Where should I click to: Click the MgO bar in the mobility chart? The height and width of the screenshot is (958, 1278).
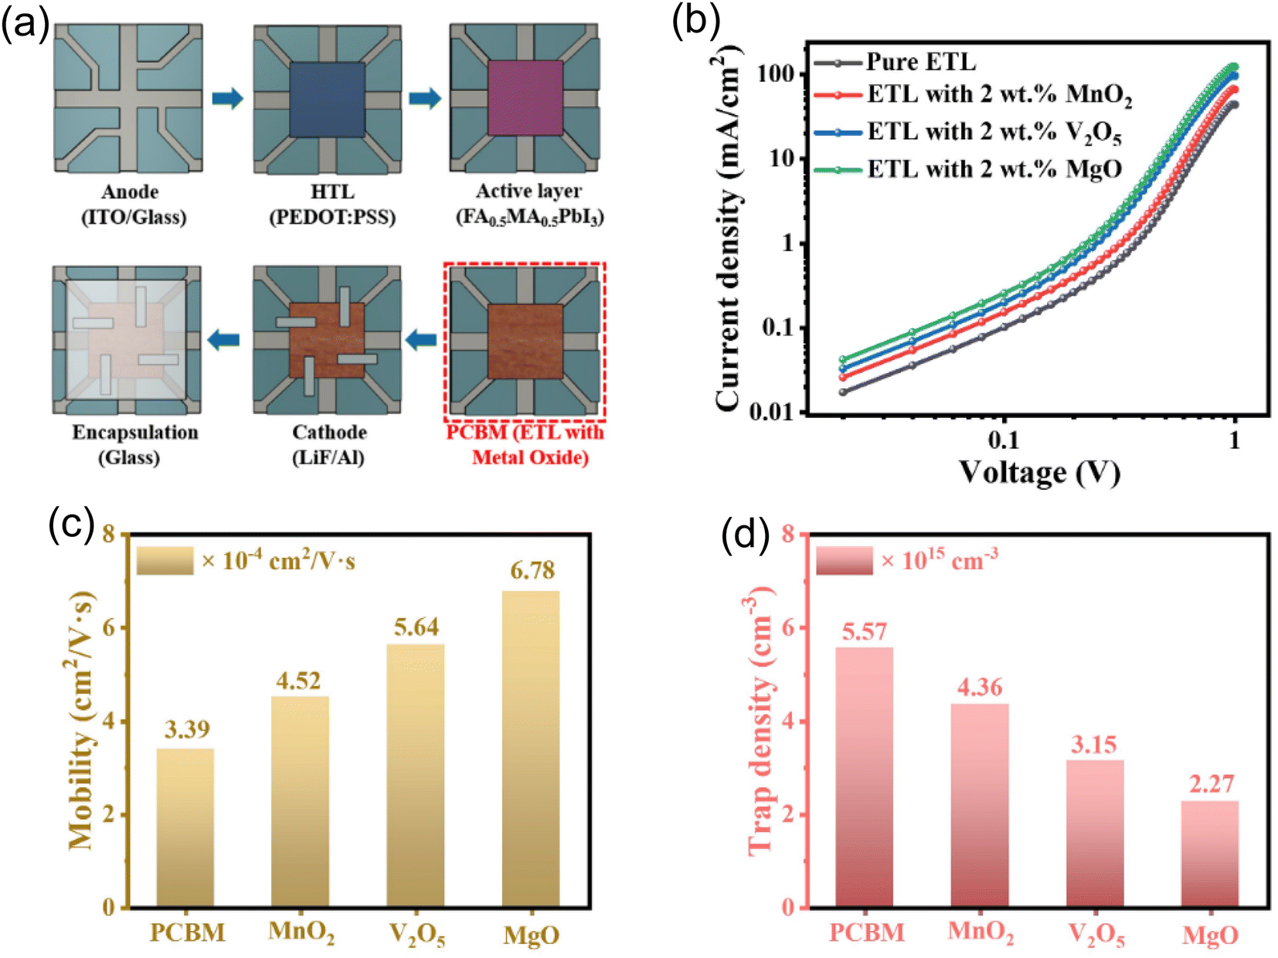[x=530, y=749]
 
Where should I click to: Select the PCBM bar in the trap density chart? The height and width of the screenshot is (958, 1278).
[x=864, y=777]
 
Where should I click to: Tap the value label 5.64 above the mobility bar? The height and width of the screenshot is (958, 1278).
[x=416, y=627]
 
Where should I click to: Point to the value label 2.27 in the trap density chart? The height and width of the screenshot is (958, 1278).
[x=1212, y=784]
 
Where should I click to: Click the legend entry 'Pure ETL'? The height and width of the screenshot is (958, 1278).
[x=896, y=63]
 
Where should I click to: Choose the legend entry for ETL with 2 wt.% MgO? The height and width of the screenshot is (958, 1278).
[x=968, y=169]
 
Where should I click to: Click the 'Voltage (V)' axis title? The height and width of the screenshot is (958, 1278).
[x=1039, y=472]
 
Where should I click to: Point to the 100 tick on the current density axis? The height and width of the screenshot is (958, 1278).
[x=778, y=74]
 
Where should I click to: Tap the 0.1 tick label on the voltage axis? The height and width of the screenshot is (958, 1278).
[x=1004, y=440]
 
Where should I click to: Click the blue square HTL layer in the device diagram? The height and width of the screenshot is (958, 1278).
[x=327, y=100]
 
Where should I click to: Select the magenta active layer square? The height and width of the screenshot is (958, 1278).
[x=525, y=98]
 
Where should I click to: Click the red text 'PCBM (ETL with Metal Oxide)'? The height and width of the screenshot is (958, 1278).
[x=525, y=445]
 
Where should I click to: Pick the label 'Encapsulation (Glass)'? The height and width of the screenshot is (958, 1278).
[x=135, y=445]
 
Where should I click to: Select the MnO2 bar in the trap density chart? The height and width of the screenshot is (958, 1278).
[x=980, y=806]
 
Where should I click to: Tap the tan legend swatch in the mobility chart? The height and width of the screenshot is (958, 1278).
[x=165, y=560]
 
